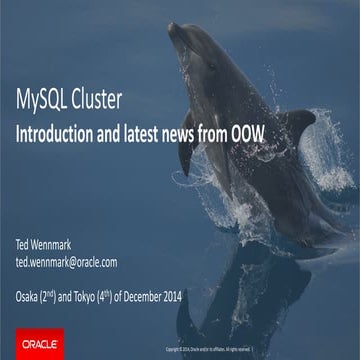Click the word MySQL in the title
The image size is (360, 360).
coord(43,99)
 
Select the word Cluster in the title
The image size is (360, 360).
coord(101,99)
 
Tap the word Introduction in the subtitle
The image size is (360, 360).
coord(61,130)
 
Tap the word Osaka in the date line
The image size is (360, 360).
coord(31,296)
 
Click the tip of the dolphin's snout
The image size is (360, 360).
coord(171,26)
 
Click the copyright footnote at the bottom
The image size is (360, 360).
coord(215,349)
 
